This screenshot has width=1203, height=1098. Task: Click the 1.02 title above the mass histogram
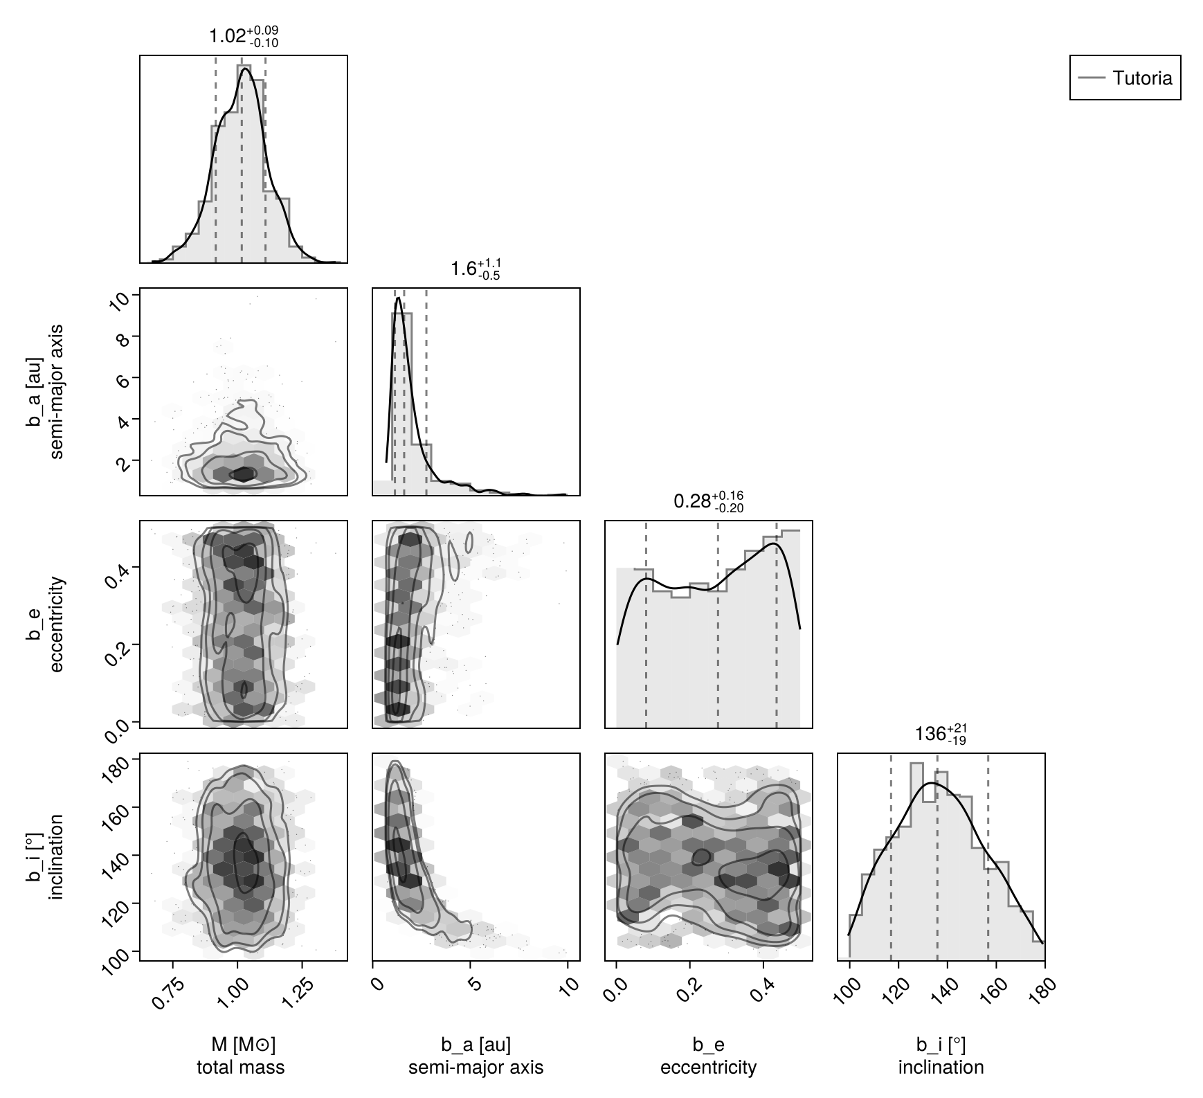[x=244, y=36]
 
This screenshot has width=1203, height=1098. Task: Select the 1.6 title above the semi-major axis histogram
[x=476, y=268]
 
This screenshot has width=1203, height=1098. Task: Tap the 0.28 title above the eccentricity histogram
[x=708, y=501]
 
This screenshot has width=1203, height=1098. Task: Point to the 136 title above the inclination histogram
[x=940, y=734]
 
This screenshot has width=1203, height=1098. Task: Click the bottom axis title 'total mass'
[x=241, y=1067]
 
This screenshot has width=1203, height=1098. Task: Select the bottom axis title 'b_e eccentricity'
[x=708, y=1056]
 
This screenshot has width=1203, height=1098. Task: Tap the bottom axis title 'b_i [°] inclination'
[x=941, y=1056]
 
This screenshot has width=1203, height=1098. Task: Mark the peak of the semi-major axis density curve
[x=399, y=298]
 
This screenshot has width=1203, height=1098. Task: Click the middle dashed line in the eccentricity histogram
[x=718, y=623]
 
